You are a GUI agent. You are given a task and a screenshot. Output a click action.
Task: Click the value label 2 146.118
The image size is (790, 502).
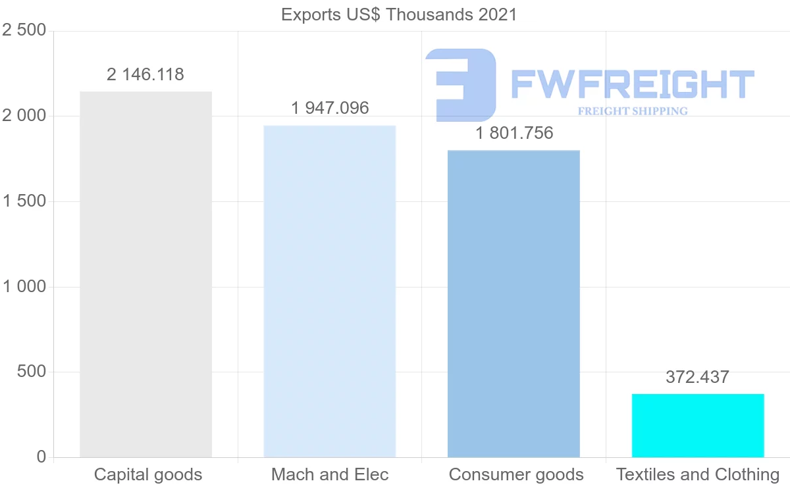click(x=145, y=75)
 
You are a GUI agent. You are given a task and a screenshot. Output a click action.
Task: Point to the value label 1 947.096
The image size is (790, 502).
click(x=330, y=108)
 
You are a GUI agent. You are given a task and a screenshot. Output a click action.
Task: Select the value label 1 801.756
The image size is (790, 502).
click(x=514, y=133)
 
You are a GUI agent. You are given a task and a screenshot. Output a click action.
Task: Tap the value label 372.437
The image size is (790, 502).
click(x=697, y=377)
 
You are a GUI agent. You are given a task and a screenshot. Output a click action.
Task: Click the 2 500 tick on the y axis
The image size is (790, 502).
click(x=24, y=31)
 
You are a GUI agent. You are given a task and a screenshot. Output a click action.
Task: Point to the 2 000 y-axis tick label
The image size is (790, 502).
click(x=24, y=116)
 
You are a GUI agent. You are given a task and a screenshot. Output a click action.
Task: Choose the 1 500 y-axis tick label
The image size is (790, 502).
click(x=24, y=201)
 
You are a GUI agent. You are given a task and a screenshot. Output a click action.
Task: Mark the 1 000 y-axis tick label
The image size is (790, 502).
click(x=24, y=287)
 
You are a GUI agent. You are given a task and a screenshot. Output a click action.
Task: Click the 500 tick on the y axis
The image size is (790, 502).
click(x=31, y=372)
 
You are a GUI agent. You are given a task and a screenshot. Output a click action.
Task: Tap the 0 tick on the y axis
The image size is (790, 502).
click(x=41, y=457)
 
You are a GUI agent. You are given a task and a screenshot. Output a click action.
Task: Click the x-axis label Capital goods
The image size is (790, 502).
click(x=148, y=474)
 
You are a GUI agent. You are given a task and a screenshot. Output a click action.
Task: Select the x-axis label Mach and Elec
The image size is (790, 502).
click(x=330, y=474)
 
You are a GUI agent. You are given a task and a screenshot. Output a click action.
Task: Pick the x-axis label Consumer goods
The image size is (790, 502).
click(x=516, y=474)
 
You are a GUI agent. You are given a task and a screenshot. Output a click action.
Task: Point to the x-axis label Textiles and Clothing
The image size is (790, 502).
click(x=698, y=474)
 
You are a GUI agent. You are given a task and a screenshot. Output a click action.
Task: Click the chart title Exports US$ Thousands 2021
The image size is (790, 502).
click(x=399, y=14)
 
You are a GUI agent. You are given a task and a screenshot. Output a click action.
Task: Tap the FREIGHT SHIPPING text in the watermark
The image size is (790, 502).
click(x=633, y=111)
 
